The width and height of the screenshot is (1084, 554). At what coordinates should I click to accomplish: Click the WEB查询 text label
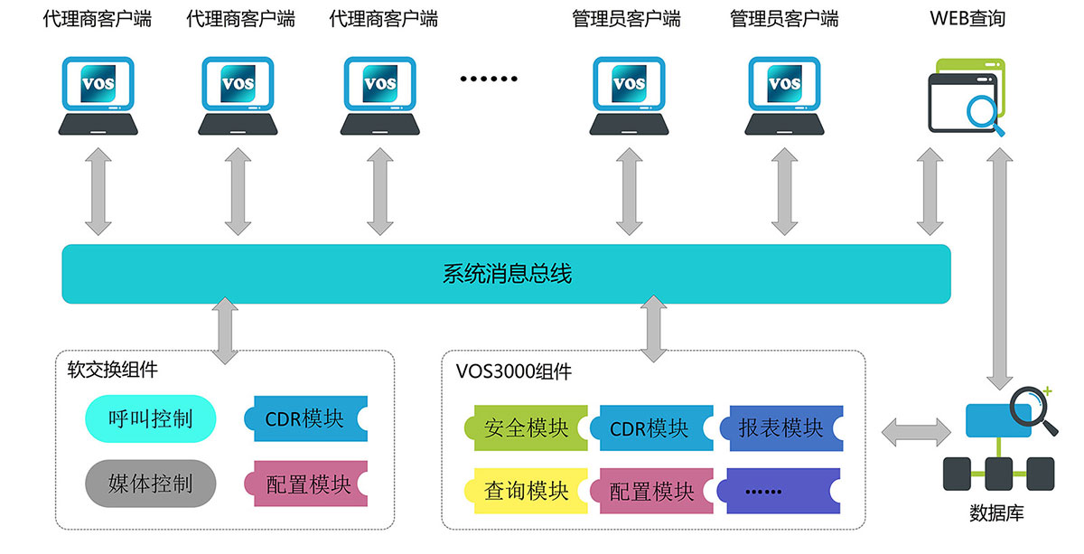[967, 18]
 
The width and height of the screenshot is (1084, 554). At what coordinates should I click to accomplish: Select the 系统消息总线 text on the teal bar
[507, 274]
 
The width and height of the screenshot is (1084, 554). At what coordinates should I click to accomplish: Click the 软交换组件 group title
[112, 370]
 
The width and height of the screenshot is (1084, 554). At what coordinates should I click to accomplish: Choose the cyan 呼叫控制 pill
[151, 418]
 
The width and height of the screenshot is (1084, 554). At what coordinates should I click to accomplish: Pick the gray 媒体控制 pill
[151, 483]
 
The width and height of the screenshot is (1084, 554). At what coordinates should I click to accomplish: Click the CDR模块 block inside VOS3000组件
[650, 427]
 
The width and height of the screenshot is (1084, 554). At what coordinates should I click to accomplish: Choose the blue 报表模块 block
[782, 427]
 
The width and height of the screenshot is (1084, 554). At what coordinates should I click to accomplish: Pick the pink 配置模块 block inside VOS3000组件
[650, 491]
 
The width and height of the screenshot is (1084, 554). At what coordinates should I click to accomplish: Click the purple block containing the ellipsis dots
[782, 491]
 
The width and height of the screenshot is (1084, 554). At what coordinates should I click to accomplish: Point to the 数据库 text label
[996, 514]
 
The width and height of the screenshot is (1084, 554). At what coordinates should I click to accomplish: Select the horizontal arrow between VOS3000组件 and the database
[916, 432]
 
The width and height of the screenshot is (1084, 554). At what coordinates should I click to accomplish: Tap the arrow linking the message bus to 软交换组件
[223, 331]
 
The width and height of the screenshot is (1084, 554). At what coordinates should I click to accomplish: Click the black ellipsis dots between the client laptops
[490, 79]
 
